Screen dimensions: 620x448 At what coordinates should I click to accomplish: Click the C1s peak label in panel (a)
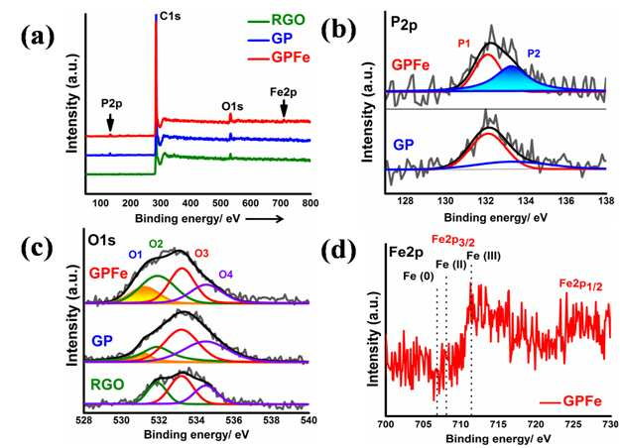tap(171, 17)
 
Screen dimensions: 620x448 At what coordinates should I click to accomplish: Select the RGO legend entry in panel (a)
tap(277, 20)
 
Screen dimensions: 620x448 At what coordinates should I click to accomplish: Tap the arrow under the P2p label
tap(110, 123)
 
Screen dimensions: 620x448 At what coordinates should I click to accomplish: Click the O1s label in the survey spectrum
tap(232, 106)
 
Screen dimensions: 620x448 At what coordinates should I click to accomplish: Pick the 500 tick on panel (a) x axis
tap(220, 203)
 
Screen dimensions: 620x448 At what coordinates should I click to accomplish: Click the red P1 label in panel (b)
tap(464, 44)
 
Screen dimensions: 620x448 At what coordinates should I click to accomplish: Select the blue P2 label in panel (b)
tap(534, 54)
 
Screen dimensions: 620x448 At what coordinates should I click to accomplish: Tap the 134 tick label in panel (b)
tap(526, 200)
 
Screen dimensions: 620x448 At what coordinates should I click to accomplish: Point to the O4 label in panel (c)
tap(226, 275)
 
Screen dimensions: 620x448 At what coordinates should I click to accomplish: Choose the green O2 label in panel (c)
tap(156, 244)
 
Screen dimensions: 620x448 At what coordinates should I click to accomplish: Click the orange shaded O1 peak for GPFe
tap(145, 294)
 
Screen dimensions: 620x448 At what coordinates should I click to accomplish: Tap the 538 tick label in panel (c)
tap(271, 420)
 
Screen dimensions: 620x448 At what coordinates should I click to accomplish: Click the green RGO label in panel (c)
tap(107, 385)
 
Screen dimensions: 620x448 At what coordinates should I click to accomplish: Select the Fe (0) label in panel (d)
tap(419, 277)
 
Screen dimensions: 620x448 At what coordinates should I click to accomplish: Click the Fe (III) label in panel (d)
tap(484, 256)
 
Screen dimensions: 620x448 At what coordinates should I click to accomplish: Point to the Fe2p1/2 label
tap(581, 285)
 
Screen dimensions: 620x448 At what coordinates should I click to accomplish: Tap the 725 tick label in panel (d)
tap(573, 424)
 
